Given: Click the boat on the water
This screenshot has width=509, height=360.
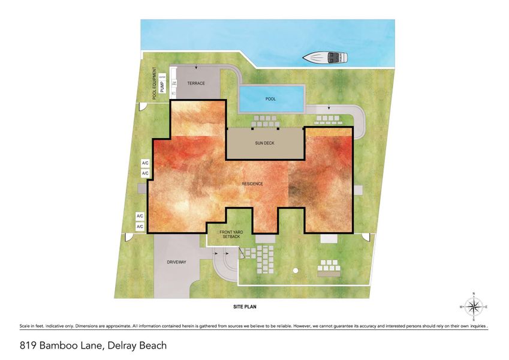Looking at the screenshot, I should point(325,58).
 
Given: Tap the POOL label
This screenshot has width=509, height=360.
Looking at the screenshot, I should point(270,99).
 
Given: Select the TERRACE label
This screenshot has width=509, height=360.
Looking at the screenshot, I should point(196,83).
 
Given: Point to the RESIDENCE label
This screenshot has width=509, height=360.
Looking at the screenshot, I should point(252,184).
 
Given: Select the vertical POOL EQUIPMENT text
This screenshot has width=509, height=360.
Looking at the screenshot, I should point(154,82).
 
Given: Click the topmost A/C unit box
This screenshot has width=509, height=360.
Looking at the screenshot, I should point(145,163).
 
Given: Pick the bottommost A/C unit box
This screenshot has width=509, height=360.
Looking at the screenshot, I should point(140,227).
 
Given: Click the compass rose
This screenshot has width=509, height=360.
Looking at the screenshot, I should point(474,307).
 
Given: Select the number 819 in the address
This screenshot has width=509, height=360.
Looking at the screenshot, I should point(28,346).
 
